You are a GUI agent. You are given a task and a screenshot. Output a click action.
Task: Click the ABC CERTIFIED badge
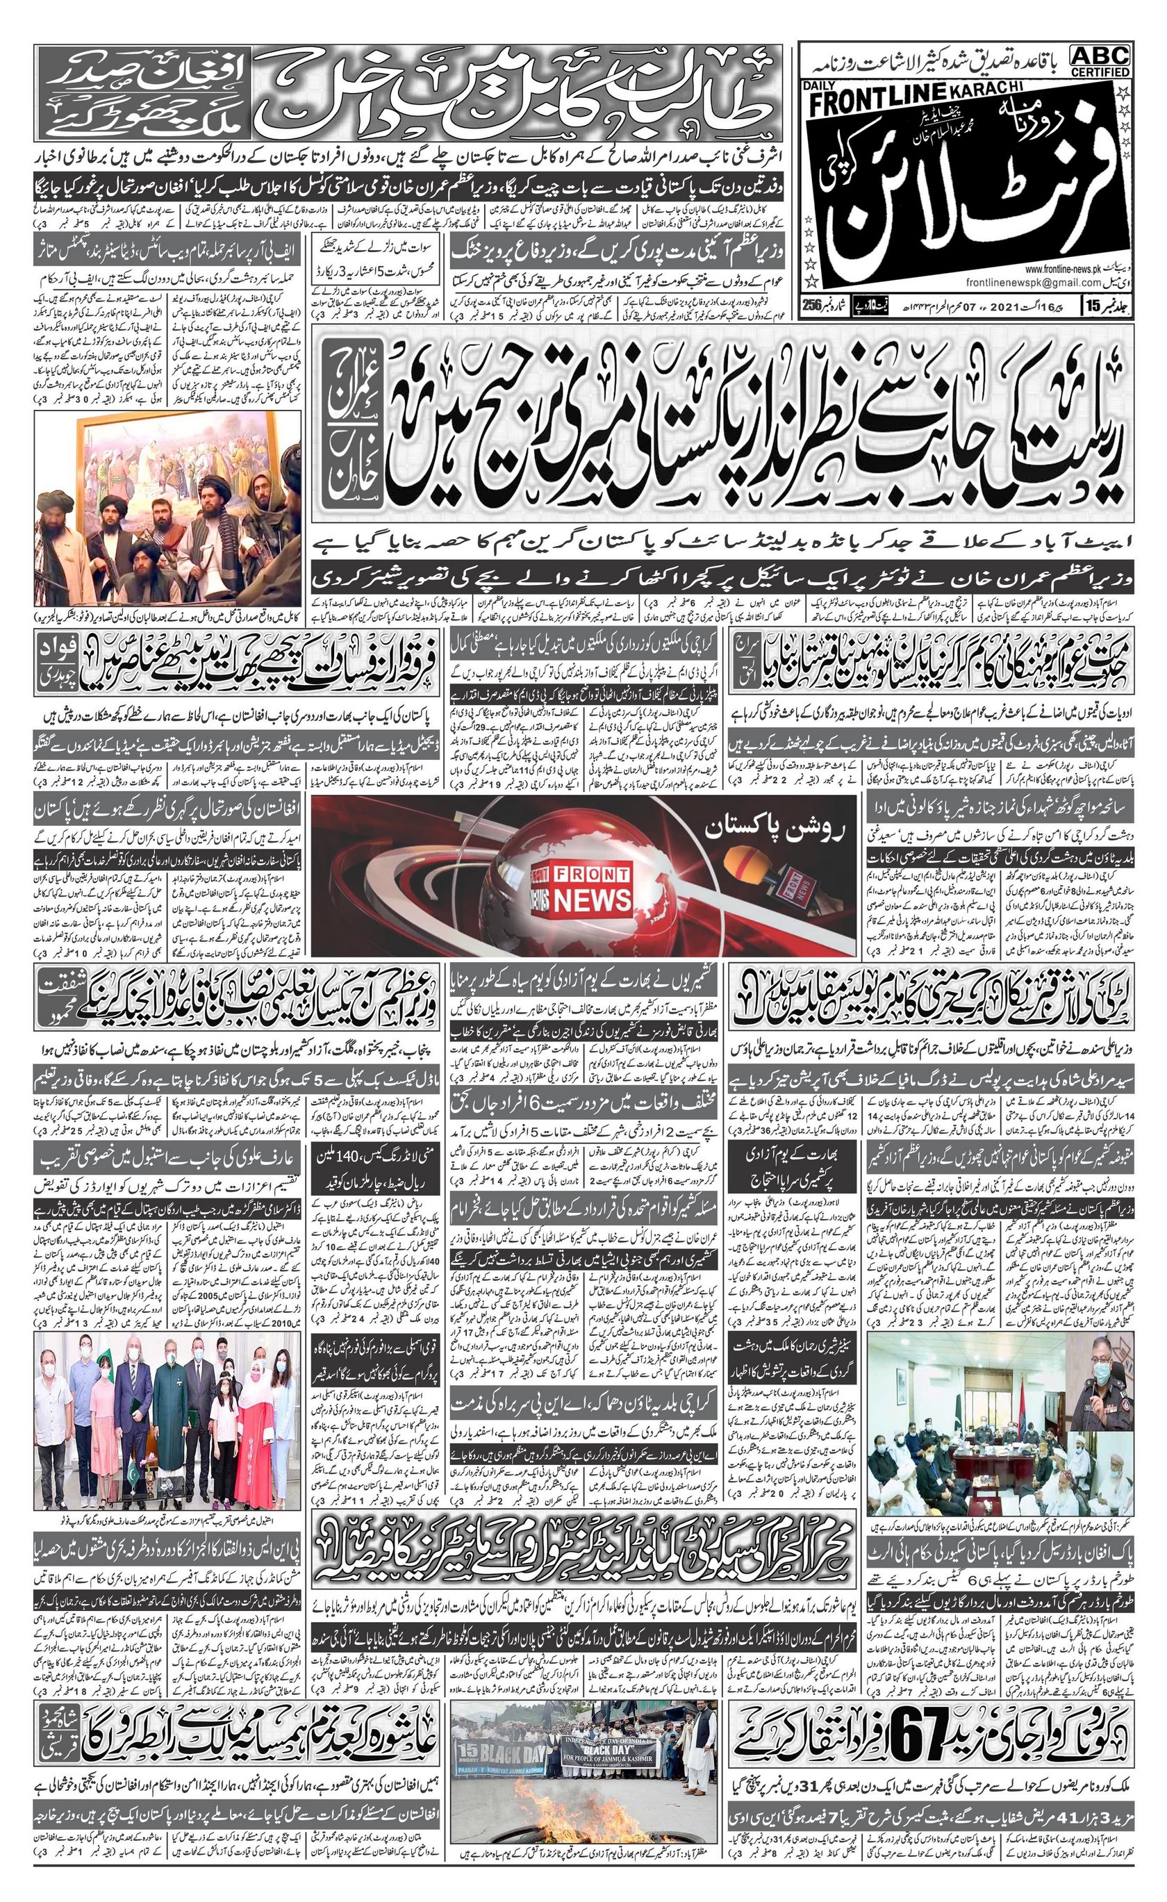click(1100, 61)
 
